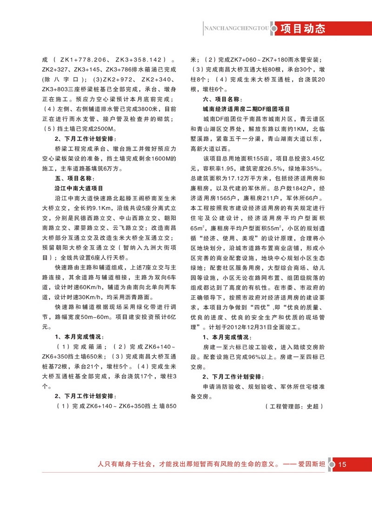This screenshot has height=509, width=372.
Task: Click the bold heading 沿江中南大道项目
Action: [x=79, y=189]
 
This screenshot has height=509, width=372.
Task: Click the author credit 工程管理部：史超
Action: [x=293, y=407]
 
